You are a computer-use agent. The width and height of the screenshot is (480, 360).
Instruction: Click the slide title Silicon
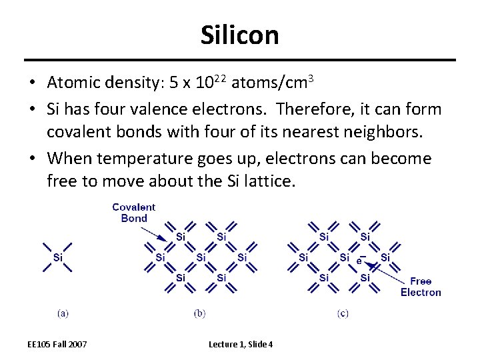point(239,35)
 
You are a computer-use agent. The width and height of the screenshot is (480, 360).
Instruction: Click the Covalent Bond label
point(133,213)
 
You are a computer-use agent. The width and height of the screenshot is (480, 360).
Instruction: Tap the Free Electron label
point(421,287)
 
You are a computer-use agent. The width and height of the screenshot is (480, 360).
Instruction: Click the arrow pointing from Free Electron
point(387,271)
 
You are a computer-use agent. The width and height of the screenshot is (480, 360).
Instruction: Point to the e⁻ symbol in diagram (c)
point(361,259)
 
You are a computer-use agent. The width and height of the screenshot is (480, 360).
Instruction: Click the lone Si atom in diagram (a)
point(58,257)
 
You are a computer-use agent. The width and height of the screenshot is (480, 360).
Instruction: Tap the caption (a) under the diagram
point(63,312)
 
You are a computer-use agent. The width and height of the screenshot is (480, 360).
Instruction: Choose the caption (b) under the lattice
point(199,312)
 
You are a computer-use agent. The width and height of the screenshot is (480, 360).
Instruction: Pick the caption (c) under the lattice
point(343,312)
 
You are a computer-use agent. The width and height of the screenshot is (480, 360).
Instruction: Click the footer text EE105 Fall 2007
point(57,344)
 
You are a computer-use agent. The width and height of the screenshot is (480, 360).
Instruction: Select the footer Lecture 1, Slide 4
point(241,344)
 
